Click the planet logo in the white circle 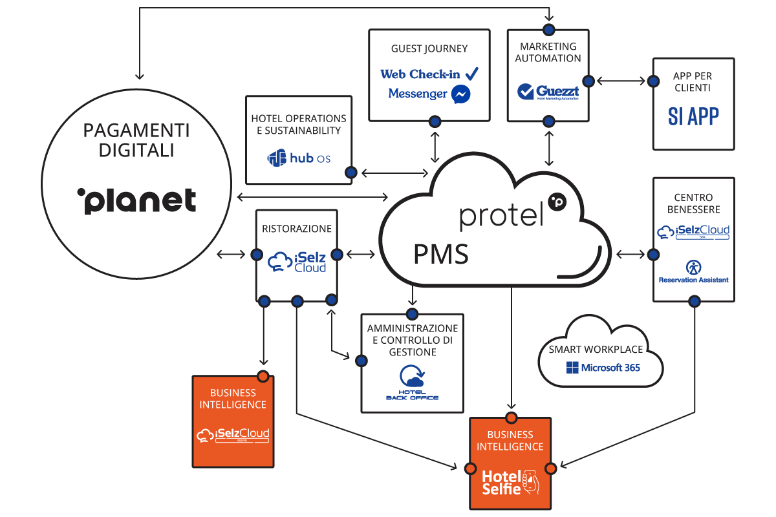pos(136,201)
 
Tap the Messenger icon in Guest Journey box pos(460,94)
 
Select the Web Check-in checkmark pos(471,73)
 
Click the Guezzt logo pos(548,92)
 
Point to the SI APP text pos(693,116)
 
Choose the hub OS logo pos(298,158)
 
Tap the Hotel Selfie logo pos(510,482)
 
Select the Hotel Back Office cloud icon pos(411,377)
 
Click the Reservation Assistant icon pos(693,267)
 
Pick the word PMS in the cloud pos(441,254)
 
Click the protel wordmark pos(501,216)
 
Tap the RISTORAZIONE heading pos(297,229)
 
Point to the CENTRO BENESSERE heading pos(693,203)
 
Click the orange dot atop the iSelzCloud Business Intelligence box pos(263,376)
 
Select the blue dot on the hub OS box pos(351,173)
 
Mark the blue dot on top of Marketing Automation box pos(549,29)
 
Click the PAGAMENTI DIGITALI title pos(136,140)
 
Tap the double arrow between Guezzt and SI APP pos(621,81)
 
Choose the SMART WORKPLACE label pos(596,349)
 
